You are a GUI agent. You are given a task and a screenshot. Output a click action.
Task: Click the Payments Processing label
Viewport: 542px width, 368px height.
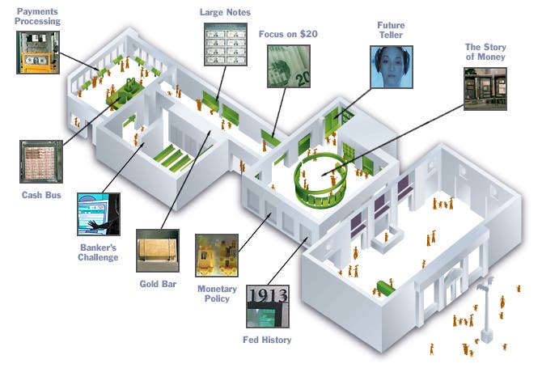pyautogui.click(x=38, y=17)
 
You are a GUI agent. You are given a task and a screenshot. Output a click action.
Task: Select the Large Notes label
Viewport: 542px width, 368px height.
pyautogui.click(x=226, y=12)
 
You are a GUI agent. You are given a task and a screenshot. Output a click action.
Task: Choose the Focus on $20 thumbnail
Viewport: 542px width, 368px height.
pyautogui.click(x=289, y=66)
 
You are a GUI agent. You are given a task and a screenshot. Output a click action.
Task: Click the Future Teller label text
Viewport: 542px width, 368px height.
pyautogui.click(x=391, y=30)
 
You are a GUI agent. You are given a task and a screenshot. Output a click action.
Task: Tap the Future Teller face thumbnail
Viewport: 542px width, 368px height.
pyautogui.click(x=392, y=66)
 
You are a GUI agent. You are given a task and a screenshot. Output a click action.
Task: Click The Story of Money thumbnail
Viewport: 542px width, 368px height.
pyautogui.click(x=485, y=88)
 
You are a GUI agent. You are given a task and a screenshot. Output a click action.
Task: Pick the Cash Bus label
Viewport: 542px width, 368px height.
pyautogui.click(x=38, y=195)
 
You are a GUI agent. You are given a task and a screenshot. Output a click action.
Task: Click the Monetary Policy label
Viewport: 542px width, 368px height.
pyautogui.click(x=217, y=294)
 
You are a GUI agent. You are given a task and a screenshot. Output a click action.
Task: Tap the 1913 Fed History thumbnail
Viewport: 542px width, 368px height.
pyautogui.click(x=267, y=307)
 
